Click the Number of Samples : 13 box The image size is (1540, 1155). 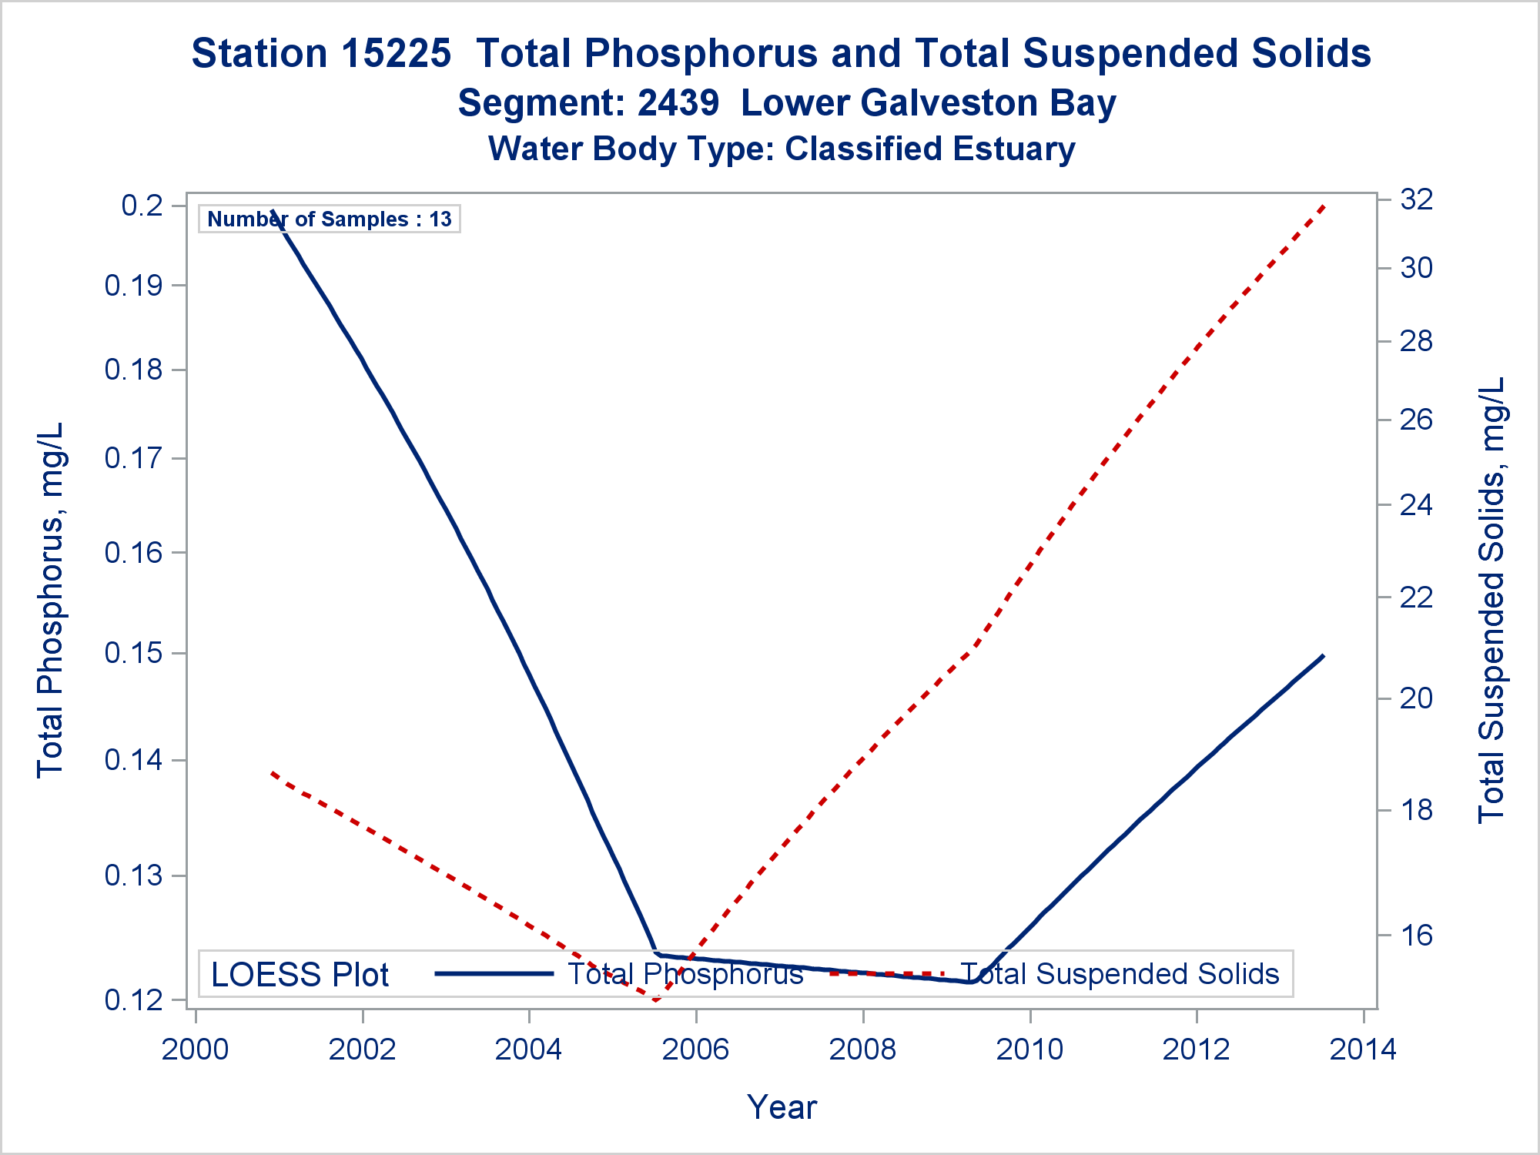point(330,219)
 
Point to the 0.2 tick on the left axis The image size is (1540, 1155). point(142,206)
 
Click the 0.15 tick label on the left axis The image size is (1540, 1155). point(134,654)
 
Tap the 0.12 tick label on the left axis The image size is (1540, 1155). point(134,1000)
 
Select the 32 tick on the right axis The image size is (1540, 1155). point(1416,200)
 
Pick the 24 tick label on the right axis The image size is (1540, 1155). point(1416,505)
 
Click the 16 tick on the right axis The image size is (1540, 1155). point(1416,936)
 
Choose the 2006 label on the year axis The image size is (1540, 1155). point(695,1050)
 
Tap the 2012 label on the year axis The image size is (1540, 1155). point(1196,1050)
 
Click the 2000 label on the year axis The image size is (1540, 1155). point(195,1050)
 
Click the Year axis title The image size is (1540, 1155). point(782,1107)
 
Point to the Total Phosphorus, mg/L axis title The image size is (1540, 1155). point(51,601)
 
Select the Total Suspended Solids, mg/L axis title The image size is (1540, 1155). point(1491,601)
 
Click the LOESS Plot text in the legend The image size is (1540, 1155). point(300,975)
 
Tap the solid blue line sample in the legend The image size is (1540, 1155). point(494,974)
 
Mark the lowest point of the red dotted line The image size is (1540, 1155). point(655,1000)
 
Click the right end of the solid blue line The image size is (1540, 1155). point(1323,655)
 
